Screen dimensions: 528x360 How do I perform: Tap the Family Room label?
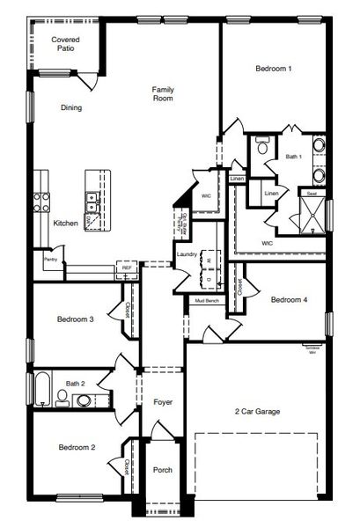pos(162,94)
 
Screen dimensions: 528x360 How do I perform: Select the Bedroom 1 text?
pos(274,69)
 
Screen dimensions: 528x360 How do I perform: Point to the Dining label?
pos(71,108)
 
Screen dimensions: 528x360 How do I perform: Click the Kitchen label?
pos(65,224)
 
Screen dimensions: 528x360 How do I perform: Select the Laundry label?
pos(186,255)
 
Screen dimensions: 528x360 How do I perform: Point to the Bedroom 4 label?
pos(289,301)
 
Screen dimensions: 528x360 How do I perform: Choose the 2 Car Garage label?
pos(258,411)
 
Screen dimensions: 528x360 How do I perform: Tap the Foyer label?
pos(163,402)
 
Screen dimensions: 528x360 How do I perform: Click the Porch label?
pos(163,470)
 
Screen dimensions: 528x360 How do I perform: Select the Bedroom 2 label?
pos(77,448)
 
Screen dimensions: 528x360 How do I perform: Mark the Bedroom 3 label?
pos(76,319)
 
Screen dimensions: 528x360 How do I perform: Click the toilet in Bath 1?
pos(261,148)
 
